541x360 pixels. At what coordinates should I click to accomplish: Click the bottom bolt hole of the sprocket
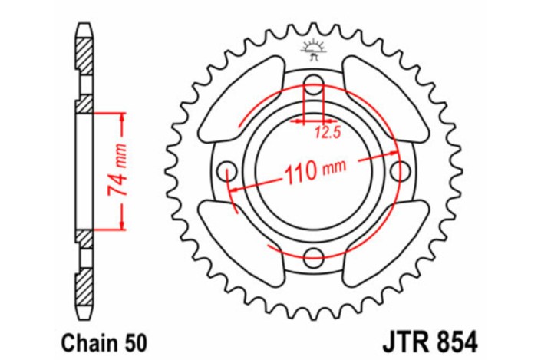[x=313, y=256]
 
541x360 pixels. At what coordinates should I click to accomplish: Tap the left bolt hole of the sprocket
[x=226, y=170]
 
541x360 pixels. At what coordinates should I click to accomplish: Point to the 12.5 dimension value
[x=323, y=132]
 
